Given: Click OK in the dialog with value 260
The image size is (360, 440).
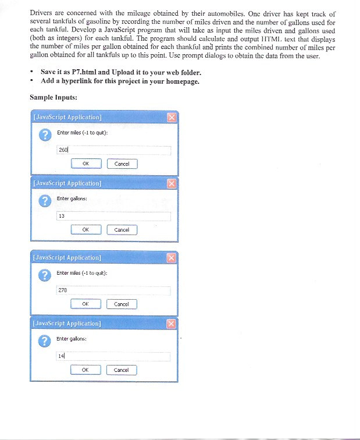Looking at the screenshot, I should click(x=85, y=164).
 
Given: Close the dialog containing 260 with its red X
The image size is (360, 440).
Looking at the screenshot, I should click(x=171, y=118).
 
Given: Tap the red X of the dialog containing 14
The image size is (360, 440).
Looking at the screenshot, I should click(x=171, y=324).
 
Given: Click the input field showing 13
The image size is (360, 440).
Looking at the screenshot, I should click(x=113, y=216).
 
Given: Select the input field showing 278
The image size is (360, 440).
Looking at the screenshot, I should click(x=113, y=290).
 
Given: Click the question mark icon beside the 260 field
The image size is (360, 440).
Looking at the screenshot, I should click(x=42, y=135).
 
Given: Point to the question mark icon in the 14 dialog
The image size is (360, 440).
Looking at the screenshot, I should click(x=42, y=341).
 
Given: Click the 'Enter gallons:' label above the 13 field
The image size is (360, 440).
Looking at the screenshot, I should click(x=72, y=199).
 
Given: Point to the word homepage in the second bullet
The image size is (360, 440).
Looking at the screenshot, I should click(x=181, y=81).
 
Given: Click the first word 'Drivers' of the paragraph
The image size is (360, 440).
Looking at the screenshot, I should click(x=41, y=12).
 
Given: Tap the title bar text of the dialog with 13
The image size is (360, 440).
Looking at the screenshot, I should click(x=68, y=183).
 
